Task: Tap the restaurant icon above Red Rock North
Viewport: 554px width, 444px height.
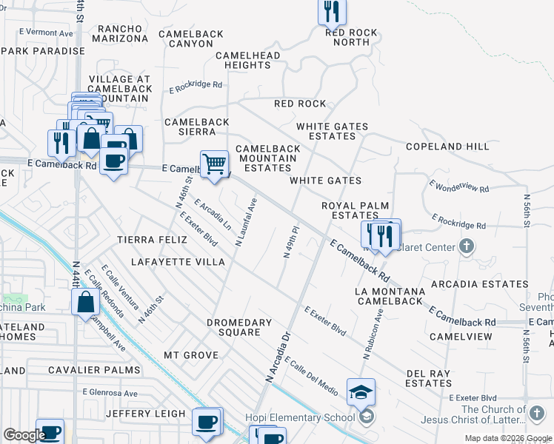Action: click(332, 12)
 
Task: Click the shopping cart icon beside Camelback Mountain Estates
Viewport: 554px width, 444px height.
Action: click(214, 164)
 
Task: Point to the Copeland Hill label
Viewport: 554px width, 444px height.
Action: click(447, 147)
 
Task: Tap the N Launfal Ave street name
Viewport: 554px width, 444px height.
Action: click(247, 221)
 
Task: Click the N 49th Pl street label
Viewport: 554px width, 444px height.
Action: click(291, 242)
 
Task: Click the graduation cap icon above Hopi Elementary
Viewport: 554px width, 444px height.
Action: click(361, 392)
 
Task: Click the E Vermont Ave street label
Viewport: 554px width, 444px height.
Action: click(46, 33)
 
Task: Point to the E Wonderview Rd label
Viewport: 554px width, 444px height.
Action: click(458, 186)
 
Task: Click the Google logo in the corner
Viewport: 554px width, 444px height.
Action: click(24, 435)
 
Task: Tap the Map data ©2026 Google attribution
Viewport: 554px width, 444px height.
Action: click(508, 438)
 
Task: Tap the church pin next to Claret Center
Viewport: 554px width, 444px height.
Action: click(466, 246)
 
